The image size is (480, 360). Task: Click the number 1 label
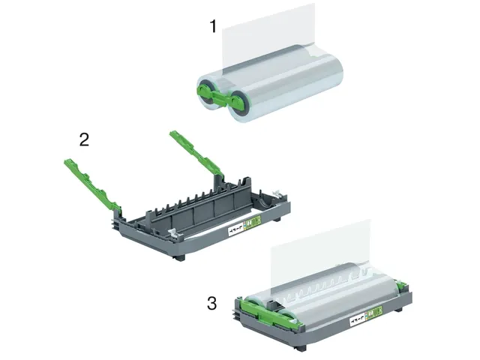(213, 27)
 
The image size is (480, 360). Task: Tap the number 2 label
(85, 139)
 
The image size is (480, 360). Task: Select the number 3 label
(212, 304)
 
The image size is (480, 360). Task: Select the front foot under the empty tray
(178, 257)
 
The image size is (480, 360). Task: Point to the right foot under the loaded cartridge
(396, 308)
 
